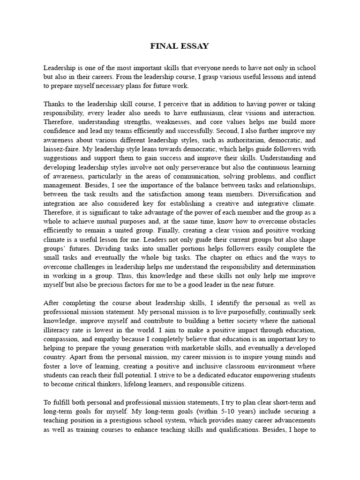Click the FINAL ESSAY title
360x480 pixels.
(x=180, y=46)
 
